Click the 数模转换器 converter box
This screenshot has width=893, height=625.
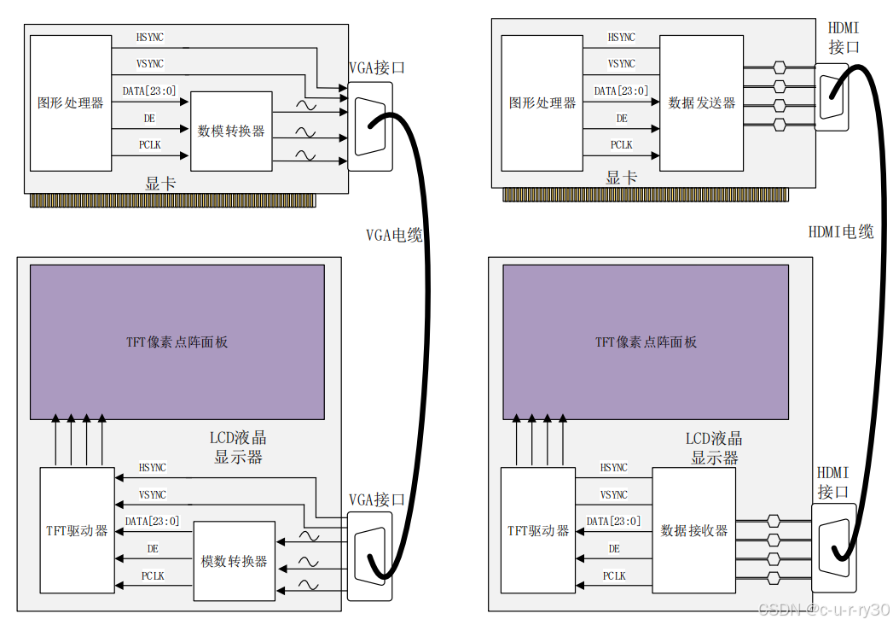tap(231, 131)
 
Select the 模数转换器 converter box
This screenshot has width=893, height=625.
tap(235, 561)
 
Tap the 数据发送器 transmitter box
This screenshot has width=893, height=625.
tap(701, 102)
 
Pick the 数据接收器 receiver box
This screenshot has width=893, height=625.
tap(694, 530)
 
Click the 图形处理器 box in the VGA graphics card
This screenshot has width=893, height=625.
tap(70, 102)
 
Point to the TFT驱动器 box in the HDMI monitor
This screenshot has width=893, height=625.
tap(537, 530)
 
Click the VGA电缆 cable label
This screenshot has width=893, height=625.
tap(394, 236)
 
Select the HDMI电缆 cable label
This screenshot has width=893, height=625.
tap(841, 231)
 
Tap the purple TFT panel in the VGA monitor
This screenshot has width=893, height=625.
tap(177, 342)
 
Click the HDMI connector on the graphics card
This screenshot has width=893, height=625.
tap(831, 95)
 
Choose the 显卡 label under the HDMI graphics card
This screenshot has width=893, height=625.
tap(621, 178)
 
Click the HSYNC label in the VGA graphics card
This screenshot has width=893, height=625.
tap(150, 38)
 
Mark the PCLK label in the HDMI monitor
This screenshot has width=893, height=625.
tap(614, 576)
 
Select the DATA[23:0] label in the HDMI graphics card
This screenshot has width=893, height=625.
tap(621, 91)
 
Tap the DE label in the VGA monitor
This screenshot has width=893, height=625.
tap(153, 549)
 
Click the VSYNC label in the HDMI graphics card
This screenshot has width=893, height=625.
tap(621, 64)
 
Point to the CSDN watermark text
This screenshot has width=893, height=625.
tap(824, 609)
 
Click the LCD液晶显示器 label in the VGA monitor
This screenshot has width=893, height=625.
tap(238, 447)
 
